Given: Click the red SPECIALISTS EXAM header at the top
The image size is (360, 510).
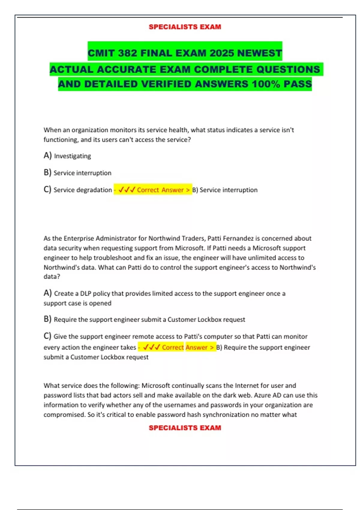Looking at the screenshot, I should pyautogui.click(x=185, y=27).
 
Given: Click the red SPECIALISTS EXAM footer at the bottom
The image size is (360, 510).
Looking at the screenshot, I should pyautogui.click(x=185, y=428).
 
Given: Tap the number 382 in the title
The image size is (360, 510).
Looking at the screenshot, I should pyautogui.click(x=127, y=53).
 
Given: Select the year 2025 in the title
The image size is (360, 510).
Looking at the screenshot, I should pyautogui.click(x=222, y=53).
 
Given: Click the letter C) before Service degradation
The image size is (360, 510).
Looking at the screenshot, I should pyautogui.click(x=47, y=190).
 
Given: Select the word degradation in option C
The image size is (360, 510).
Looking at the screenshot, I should pyautogui.click(x=94, y=190).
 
